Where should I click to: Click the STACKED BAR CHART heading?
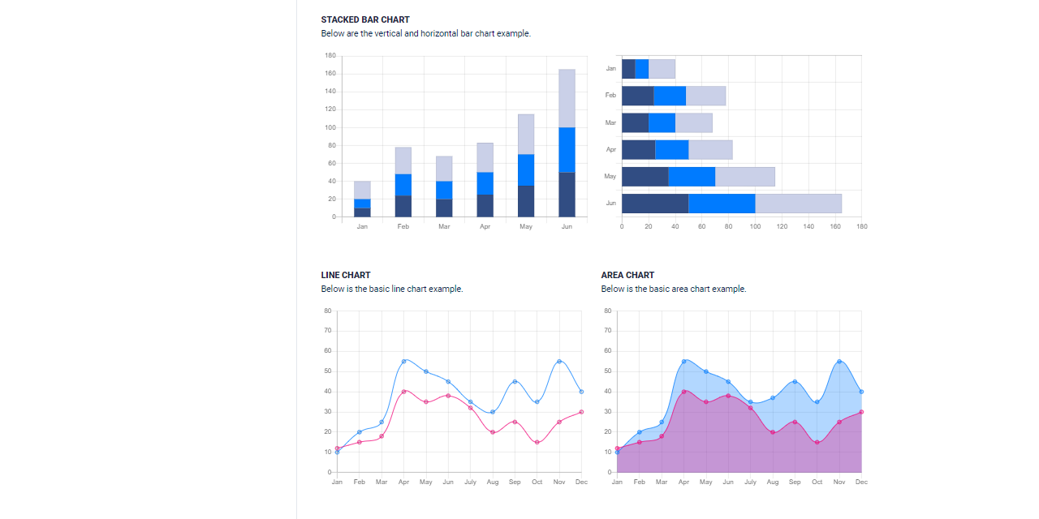point(364,19)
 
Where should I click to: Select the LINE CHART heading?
point(345,275)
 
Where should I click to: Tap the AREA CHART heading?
point(627,275)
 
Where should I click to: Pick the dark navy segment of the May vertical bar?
point(526,201)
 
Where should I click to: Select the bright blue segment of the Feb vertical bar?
point(403,185)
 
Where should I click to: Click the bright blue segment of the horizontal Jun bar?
point(722,204)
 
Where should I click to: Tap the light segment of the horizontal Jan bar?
point(662,69)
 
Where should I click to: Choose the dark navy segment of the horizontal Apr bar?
point(638,150)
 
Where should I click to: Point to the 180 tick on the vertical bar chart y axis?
point(330,56)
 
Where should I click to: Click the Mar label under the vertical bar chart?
point(444,227)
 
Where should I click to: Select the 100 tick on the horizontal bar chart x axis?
point(755,227)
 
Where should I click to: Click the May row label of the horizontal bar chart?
point(610,177)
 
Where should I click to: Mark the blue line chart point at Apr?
point(404,361)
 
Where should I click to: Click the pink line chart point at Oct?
point(537,442)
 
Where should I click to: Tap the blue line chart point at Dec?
point(581,392)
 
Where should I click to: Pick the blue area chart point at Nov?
point(839,361)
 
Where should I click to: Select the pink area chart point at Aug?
point(773,432)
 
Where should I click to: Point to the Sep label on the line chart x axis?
point(515,483)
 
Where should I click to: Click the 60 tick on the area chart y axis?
point(607,351)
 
